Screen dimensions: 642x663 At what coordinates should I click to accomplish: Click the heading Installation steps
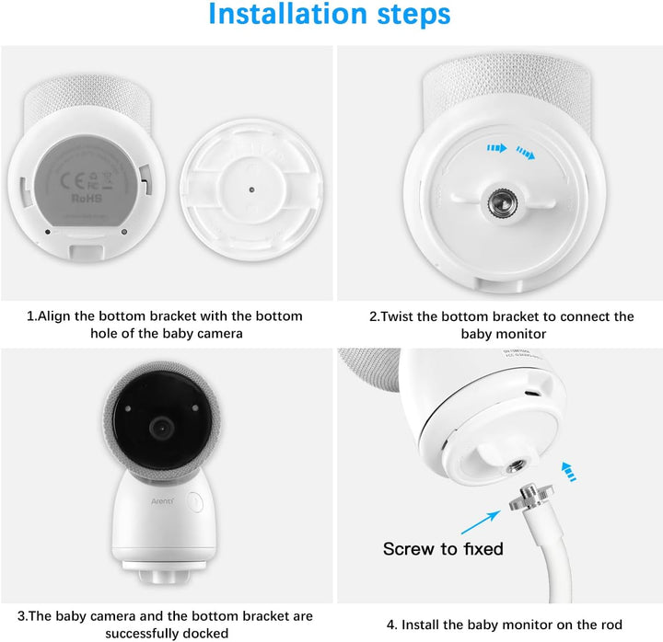click(331, 16)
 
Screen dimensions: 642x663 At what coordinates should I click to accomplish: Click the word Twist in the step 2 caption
click(402, 316)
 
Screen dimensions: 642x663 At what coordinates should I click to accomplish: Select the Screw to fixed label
click(443, 549)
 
